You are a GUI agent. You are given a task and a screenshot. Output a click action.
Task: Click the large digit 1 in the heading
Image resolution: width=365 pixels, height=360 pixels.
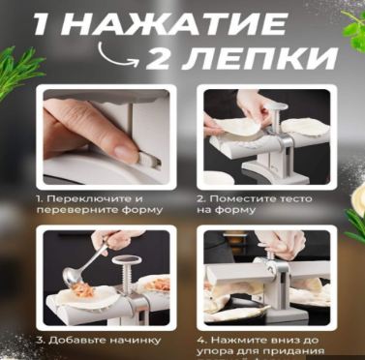43,24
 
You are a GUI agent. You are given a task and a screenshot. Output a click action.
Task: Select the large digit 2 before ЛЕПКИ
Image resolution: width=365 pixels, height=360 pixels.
159,58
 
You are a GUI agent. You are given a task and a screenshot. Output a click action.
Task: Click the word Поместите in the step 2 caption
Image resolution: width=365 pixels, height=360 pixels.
243,198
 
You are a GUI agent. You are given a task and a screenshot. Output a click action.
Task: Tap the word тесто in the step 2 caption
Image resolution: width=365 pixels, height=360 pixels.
295,199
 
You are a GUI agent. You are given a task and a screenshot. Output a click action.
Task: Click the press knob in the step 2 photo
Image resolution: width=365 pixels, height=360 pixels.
279,107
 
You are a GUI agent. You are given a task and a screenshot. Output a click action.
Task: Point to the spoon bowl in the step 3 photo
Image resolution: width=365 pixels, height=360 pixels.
71,278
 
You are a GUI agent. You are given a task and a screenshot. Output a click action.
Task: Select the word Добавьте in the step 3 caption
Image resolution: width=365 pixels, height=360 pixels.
76,340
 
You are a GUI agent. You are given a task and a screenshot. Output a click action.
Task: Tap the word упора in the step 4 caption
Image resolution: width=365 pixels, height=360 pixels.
214,351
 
